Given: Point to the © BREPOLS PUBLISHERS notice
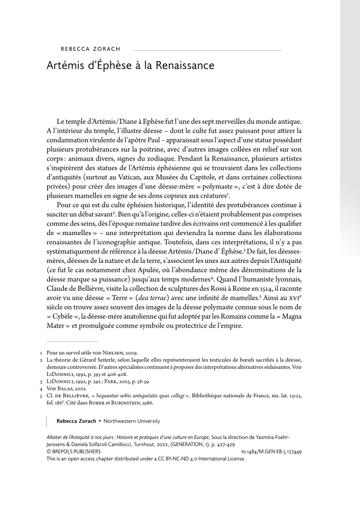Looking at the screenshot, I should (x=74, y=452).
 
